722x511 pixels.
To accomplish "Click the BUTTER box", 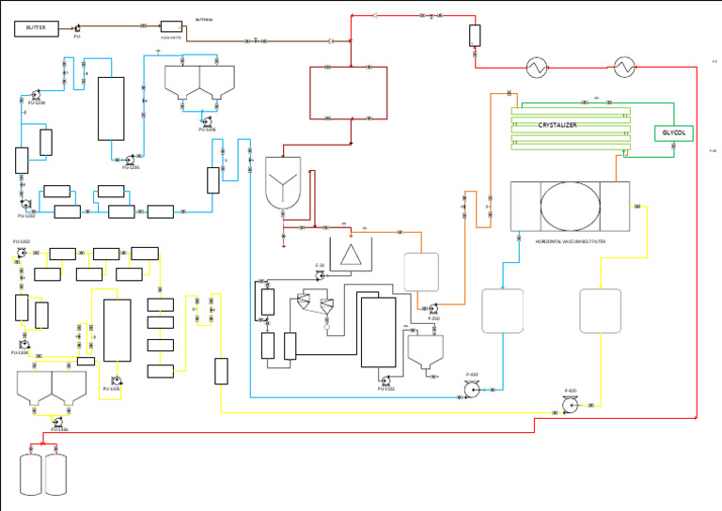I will click(x=36, y=28).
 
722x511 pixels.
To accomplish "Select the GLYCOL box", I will click(x=673, y=133).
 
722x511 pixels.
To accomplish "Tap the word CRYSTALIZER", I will click(x=557, y=125).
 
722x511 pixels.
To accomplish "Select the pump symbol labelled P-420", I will click(x=569, y=404).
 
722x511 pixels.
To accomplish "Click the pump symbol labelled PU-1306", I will click(x=56, y=422).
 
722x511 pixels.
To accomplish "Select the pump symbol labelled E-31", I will click(x=320, y=274).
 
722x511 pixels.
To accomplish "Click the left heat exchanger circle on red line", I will click(x=535, y=67).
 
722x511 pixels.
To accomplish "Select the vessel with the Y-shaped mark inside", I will click(x=282, y=182).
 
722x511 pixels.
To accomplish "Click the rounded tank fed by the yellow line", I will click(x=600, y=311).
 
